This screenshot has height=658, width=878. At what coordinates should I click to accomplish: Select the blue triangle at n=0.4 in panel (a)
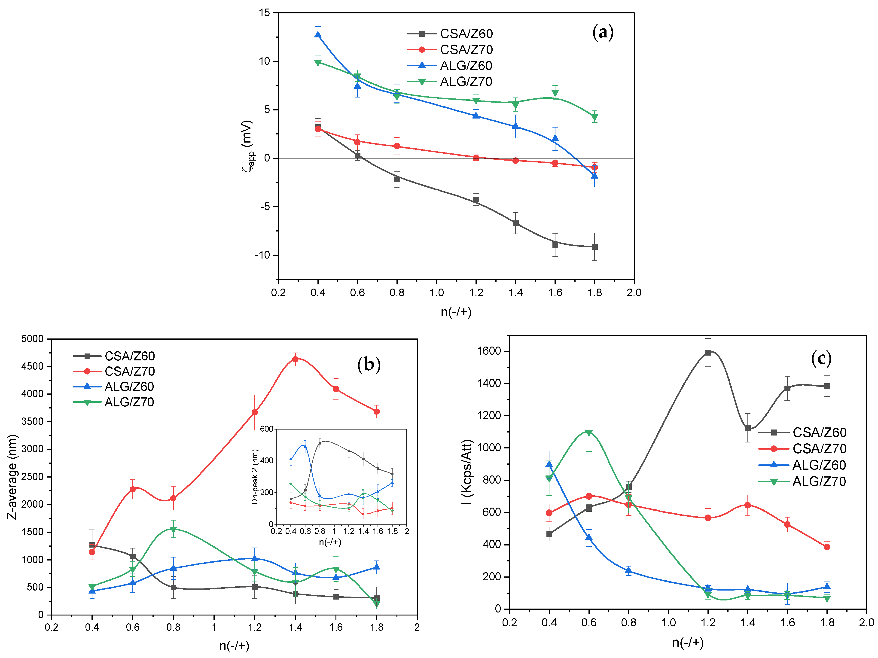(x=318, y=35)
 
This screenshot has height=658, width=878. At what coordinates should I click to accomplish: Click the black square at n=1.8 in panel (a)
(x=594, y=247)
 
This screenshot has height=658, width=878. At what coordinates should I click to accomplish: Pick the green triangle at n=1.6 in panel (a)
(x=555, y=93)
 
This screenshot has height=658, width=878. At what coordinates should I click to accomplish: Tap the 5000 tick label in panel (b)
(x=33, y=339)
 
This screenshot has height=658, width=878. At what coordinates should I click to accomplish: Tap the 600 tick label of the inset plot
(x=267, y=429)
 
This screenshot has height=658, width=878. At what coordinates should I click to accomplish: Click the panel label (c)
(x=821, y=359)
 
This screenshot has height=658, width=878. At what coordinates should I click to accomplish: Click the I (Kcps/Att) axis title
(x=468, y=472)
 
